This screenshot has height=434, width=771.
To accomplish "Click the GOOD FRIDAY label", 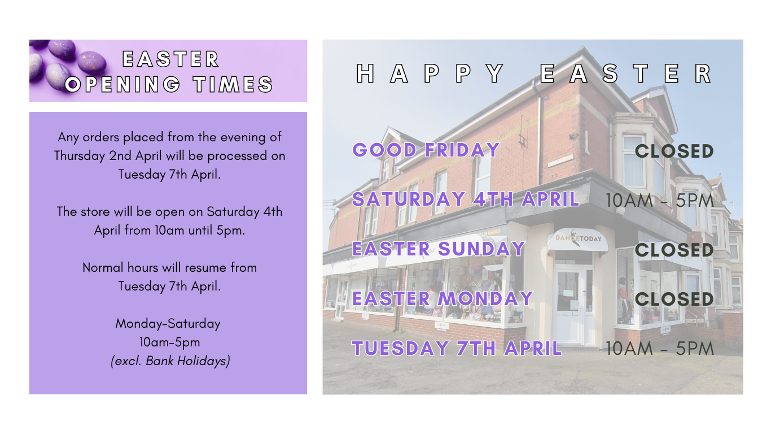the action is coord(426,150).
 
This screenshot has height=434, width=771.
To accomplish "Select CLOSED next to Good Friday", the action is coord(674,151).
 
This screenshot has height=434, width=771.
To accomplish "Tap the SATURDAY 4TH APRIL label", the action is coord(466,199).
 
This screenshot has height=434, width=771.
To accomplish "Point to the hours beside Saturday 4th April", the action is coord(659,200).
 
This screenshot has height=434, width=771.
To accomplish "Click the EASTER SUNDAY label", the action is coord(439,249).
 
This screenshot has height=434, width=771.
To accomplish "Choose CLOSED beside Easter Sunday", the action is coord(674,250).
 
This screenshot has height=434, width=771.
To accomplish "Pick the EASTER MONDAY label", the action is coord(443,298).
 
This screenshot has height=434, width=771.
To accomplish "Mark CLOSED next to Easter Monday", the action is coord(674,299).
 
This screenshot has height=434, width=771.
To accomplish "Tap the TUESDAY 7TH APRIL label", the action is coord(457,348).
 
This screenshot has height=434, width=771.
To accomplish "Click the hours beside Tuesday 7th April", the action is coord(659,348).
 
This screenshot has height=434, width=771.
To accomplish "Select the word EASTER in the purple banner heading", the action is coord(170,59).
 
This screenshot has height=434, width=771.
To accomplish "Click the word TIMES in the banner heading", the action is coord(233,84).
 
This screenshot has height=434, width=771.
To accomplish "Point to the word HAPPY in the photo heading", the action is coord(430,73).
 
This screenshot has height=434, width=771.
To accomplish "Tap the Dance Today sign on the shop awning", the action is coord(578,238).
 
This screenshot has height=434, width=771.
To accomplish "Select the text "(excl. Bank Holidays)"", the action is coord(170,361).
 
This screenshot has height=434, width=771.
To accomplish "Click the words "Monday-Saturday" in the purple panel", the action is coord(168,324).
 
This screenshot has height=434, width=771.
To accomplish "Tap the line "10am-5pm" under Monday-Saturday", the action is coord(170,342).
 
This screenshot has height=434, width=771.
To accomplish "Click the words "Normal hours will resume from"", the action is coord(170,267).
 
